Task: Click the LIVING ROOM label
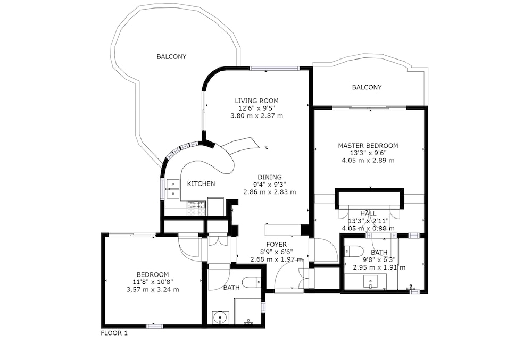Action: click(256, 101)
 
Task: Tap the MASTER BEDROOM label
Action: click(368, 145)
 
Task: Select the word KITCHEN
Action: click(201, 184)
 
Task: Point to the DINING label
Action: click(269, 177)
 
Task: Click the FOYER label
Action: click(276, 245)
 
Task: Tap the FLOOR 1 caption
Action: click(114, 333)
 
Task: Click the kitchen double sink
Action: click(173, 188)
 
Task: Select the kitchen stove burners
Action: click(196, 208)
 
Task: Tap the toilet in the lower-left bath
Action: click(252, 282)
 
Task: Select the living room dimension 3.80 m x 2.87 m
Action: click(256, 115)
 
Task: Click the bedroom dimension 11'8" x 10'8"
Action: click(153, 282)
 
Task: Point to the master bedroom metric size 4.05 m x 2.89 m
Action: click(368, 161)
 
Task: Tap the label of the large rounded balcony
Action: click(171, 56)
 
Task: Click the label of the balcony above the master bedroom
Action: click(367, 87)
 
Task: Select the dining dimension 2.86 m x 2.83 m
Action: click(269, 192)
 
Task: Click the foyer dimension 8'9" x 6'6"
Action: click(276, 252)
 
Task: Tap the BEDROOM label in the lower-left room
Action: click(153, 274)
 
